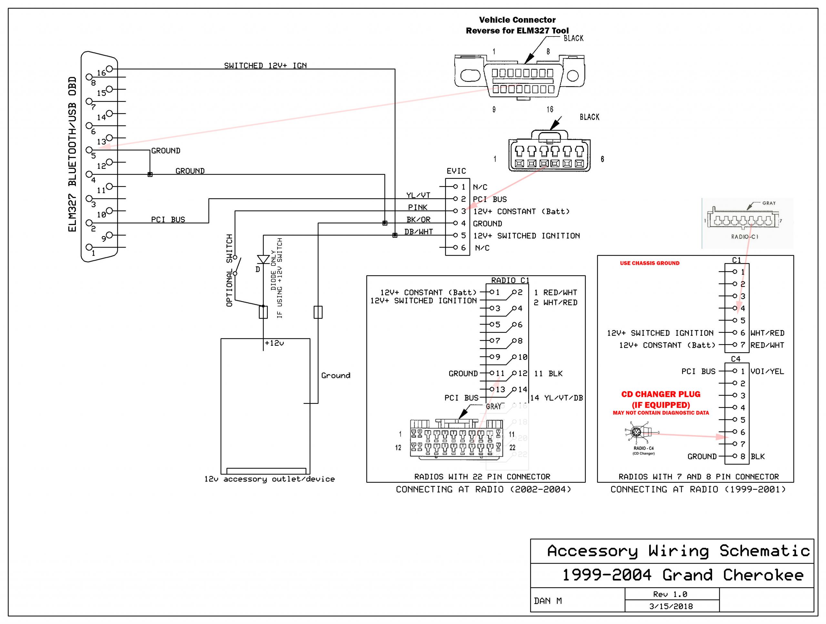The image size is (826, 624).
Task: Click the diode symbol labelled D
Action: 263,259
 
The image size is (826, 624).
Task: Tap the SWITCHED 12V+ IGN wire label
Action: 265,66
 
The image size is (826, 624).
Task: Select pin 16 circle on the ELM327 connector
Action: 109,69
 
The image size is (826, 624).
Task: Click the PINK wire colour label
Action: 418,207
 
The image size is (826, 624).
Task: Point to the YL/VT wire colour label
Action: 418,195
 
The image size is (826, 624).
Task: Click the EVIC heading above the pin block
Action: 456,171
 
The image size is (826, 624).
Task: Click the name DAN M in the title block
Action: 548,601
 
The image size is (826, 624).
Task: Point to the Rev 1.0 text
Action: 670,594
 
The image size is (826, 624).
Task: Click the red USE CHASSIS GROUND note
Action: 650,263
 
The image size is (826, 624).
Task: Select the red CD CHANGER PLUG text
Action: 660,394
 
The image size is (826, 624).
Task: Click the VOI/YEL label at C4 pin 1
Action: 767,372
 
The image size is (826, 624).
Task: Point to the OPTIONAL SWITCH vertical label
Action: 229,270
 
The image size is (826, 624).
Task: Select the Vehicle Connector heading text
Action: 517,20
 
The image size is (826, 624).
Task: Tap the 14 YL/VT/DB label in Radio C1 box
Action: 556,398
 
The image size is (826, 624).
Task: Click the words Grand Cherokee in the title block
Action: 733,575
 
